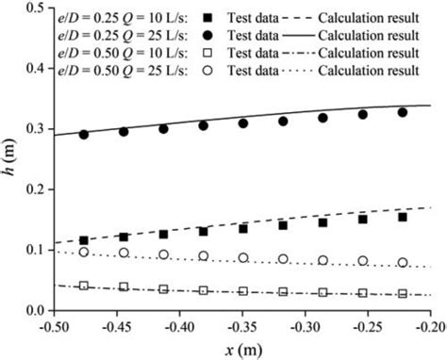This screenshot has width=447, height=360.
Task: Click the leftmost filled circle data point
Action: pyautogui.click(x=84, y=134)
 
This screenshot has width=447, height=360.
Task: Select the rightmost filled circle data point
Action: pyautogui.click(x=403, y=112)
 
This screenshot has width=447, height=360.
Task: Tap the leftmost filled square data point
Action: pyautogui.click(x=84, y=240)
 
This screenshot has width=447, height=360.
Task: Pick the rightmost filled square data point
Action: pyautogui.click(x=403, y=217)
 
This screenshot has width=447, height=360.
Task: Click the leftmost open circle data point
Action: pyautogui.click(x=84, y=252)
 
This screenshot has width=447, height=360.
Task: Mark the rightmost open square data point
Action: pyautogui.click(x=403, y=294)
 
